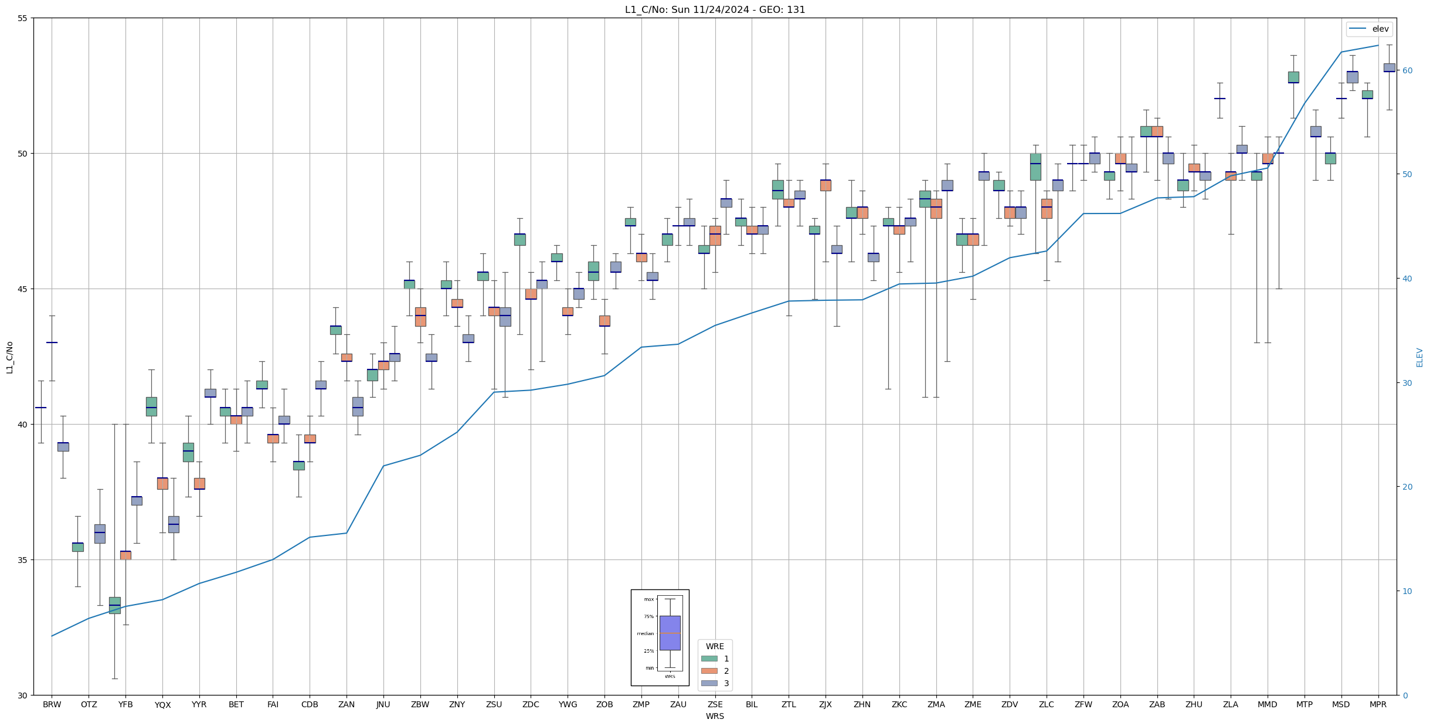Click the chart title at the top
pyautogui.click(x=715, y=9)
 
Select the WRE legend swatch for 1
pyautogui.click(x=709, y=659)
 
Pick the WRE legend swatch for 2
pyautogui.click(x=709, y=671)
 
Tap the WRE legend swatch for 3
pyautogui.click(x=709, y=683)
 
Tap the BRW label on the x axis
pyautogui.click(x=52, y=704)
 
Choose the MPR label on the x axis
pyautogui.click(x=1378, y=704)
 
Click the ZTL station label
pyautogui.click(x=789, y=704)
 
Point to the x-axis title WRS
pyautogui.click(x=715, y=716)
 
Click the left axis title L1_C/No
pyautogui.click(x=9, y=357)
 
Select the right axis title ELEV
pyautogui.click(x=1419, y=357)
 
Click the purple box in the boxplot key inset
pyautogui.click(x=670, y=633)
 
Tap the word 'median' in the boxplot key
pyautogui.click(x=645, y=633)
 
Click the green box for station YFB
pyautogui.click(x=114, y=605)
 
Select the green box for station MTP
pyautogui.click(x=1293, y=77)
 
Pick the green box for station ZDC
pyautogui.click(x=519, y=239)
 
